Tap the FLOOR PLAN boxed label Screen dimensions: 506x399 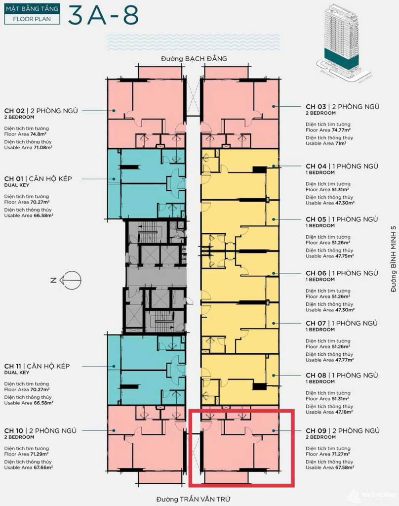[x=33, y=20]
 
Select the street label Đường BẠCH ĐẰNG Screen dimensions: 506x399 [x=194, y=59]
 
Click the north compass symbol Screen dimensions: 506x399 [x=70, y=280]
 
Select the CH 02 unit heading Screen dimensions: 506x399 [x=41, y=111]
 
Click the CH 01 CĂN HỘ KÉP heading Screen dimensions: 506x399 [x=45, y=178]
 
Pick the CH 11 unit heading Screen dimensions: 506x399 [x=44, y=366]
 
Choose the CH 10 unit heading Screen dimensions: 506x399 [x=40, y=430]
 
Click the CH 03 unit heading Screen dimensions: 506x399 [x=342, y=106]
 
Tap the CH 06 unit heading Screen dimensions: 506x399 [x=342, y=273]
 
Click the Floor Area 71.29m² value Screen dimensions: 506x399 [x=28, y=454]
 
